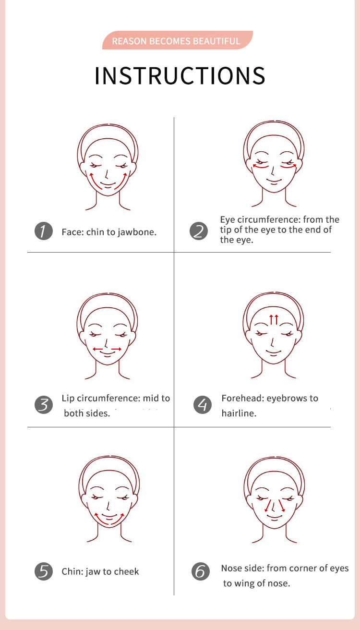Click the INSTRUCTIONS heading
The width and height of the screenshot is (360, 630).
click(x=180, y=76)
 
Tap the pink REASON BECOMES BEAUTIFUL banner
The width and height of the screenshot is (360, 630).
click(x=178, y=40)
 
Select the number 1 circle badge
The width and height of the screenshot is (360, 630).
click(x=44, y=231)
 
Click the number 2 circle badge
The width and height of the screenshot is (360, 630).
click(x=199, y=231)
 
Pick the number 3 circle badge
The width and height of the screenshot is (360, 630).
click(x=44, y=405)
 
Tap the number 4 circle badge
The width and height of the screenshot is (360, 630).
click(x=203, y=405)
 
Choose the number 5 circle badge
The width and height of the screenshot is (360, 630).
click(x=44, y=571)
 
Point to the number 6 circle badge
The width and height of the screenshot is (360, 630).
click(x=201, y=571)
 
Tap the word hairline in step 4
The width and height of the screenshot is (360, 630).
click(x=239, y=413)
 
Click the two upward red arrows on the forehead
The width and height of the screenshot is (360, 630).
click(x=274, y=319)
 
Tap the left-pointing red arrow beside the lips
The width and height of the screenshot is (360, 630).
click(x=98, y=349)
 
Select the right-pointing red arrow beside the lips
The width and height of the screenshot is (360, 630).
click(x=117, y=349)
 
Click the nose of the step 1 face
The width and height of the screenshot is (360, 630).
click(x=107, y=174)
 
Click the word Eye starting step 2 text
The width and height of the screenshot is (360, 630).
click(x=227, y=220)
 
